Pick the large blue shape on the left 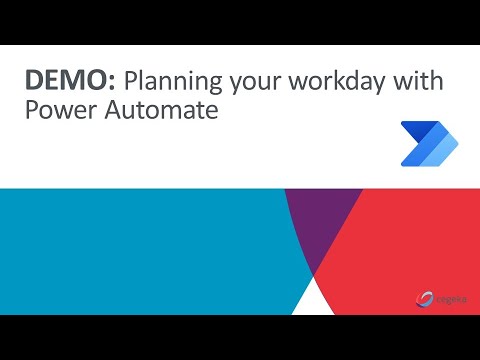point(130,250)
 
